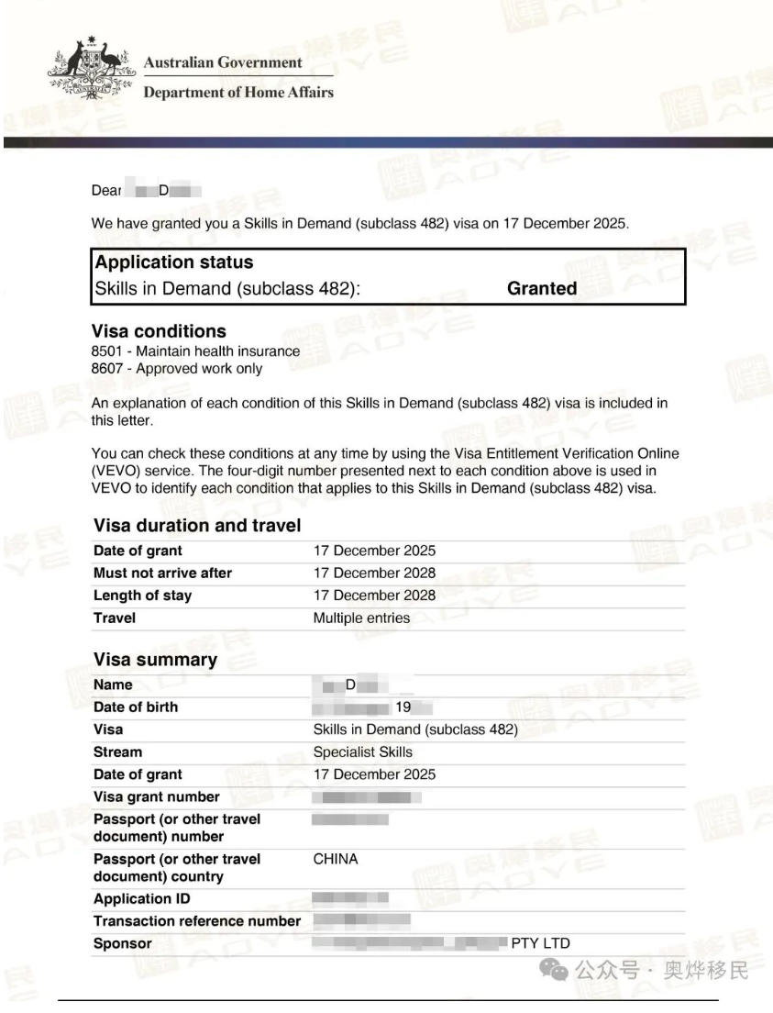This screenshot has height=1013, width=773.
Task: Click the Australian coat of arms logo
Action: coord(89,70)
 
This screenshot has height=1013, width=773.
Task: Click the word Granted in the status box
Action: coord(542,288)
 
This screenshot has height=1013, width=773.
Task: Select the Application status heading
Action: coord(174,262)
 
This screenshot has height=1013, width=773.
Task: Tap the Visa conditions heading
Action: coord(159,331)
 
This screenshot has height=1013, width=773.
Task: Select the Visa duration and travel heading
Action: coord(197,526)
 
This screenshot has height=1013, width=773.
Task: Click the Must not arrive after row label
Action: coord(162,573)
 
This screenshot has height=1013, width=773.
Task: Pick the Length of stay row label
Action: coord(142,595)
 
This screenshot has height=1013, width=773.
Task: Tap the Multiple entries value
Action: coord(361,618)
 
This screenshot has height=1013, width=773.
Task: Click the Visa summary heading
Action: coord(155,660)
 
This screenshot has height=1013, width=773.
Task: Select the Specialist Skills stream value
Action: coord(363,751)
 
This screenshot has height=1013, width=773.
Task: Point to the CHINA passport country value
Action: coord(336,859)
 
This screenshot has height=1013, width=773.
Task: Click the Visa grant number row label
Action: coord(157,796)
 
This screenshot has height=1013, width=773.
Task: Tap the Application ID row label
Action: coord(134,899)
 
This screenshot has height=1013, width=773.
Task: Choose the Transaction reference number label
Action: coord(197,921)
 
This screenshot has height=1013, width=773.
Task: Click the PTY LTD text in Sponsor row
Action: coord(540,943)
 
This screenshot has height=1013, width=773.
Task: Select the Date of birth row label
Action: coord(136,707)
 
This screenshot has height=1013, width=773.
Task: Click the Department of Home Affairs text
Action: coord(238,92)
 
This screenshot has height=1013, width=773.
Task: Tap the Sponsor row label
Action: coord(123,943)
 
